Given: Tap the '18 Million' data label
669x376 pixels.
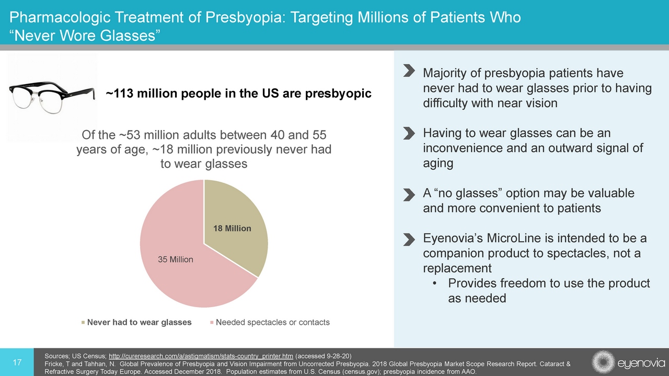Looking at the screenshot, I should [232, 228].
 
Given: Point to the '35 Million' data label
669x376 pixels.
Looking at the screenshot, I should [176, 260].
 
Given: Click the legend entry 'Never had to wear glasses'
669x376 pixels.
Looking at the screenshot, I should [139, 322].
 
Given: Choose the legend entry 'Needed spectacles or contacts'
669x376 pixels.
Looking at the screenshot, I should [272, 322].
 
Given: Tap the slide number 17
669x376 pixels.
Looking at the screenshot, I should [17, 362].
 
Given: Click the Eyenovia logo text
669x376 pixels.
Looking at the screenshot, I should [640, 362].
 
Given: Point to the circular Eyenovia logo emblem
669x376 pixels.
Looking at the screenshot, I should [603, 362].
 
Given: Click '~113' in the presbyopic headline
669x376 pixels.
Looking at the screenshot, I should [120, 94].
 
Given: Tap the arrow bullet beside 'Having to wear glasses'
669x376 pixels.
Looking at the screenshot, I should [409, 133].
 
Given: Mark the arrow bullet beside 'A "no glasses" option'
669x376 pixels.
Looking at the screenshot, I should [409, 194].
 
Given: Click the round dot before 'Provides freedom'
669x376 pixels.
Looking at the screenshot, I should [435, 284].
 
